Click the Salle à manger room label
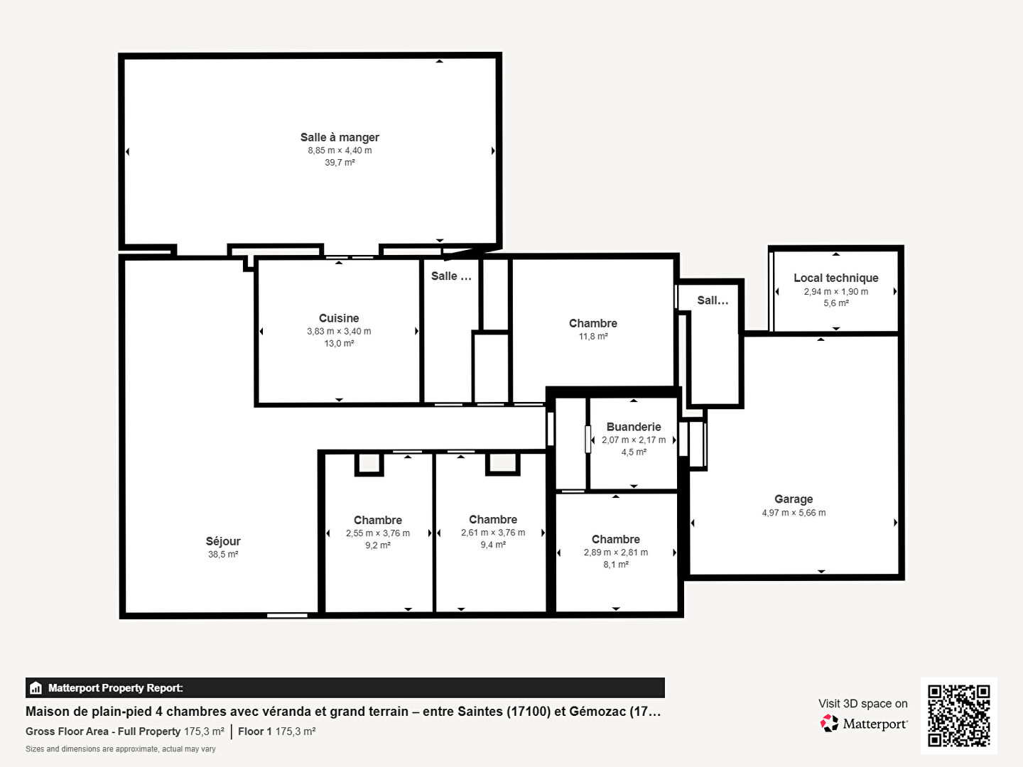point(340,137)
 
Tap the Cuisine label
point(339,318)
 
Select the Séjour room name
point(223,541)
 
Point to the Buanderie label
point(634,427)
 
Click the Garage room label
point(794,499)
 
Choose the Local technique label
point(836,278)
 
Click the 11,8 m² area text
point(593,336)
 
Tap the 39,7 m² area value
point(340,163)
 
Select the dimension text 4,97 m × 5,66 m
point(794,513)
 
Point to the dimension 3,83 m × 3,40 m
point(339,331)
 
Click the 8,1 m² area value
point(616,565)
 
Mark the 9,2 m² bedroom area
point(377,545)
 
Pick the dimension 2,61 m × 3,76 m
point(493,533)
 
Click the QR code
point(958,716)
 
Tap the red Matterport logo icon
point(829,723)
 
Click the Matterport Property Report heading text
point(116,688)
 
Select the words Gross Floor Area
point(67,731)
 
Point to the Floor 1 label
point(255,731)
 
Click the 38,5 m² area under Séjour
point(223,554)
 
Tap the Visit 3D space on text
point(863,704)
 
